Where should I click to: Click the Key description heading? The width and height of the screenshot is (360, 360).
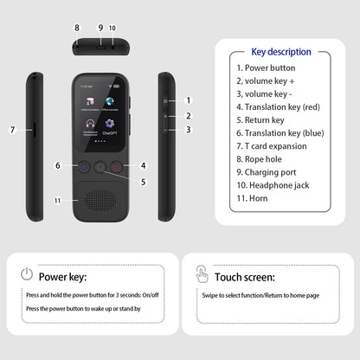point(281,51)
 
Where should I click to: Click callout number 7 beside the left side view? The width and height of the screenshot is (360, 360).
point(13,130)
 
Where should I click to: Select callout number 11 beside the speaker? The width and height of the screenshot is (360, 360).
point(58,200)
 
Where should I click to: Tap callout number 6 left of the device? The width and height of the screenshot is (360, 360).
point(58,165)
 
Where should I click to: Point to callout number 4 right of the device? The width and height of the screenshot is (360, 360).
point(143,165)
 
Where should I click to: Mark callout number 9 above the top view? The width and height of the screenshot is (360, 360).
point(100,29)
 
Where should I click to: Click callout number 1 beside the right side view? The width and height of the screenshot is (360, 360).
point(188,100)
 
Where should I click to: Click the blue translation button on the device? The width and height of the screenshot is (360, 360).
point(85,167)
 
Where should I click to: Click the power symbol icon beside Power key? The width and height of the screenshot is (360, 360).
point(28,274)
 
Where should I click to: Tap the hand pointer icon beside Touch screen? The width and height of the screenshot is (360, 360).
point(202,275)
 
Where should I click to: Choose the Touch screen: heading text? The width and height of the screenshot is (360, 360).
point(245,278)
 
